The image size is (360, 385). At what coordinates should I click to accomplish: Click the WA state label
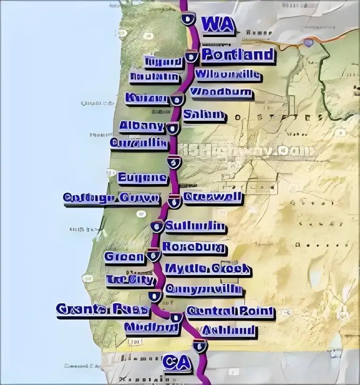point(218,25)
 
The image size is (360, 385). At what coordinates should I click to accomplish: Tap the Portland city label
point(238,55)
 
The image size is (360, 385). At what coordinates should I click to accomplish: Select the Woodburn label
point(221,92)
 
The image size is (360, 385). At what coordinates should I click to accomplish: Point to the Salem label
point(204,115)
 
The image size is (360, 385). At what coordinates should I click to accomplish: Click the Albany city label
point(142,126)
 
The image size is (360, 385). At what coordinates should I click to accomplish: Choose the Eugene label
point(142,179)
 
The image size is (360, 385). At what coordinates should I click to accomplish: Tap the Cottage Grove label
point(112,199)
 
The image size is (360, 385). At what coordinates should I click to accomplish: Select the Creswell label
point(212,197)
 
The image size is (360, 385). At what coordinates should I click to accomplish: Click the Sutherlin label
point(195,227)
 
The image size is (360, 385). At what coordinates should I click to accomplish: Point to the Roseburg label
point(194,248)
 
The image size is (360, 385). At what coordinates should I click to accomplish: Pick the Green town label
point(124,258)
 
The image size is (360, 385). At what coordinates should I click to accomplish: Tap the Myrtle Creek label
point(207,269)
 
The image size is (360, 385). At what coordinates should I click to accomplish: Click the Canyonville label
point(203,289)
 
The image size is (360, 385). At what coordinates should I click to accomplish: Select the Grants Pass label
point(103,310)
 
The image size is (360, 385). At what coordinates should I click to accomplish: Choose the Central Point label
point(230,312)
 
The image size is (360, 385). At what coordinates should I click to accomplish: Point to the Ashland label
point(228,331)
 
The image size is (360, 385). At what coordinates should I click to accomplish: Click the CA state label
point(177,363)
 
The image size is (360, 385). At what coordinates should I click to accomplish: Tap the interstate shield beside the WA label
point(188,19)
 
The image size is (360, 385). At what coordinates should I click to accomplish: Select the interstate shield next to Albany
point(172,127)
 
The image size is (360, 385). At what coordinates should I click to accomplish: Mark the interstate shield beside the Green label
point(153,256)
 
